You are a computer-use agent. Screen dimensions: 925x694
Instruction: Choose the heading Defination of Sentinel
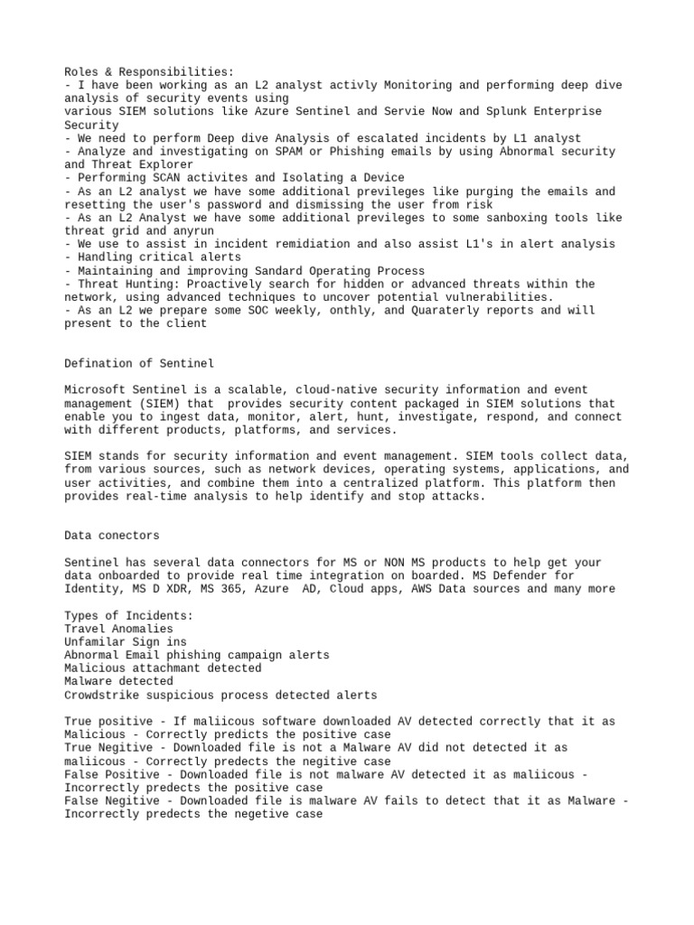point(139,363)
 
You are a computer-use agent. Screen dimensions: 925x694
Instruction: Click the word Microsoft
point(94,390)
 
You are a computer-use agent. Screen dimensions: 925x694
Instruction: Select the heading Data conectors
point(113,536)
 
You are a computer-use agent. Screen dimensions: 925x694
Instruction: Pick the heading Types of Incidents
point(128,615)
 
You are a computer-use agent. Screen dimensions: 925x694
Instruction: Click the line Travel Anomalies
point(118,629)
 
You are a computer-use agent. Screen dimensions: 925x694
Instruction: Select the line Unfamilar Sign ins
point(126,642)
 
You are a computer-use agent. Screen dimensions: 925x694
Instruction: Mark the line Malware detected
point(118,682)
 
